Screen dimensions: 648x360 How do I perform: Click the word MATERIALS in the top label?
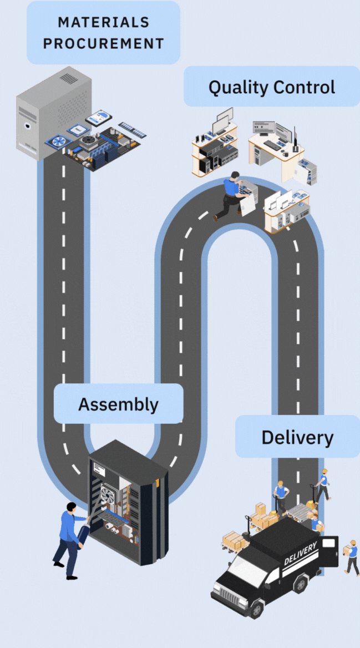104,23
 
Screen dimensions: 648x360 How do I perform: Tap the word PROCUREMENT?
104,43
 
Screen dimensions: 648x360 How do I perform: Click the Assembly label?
118,404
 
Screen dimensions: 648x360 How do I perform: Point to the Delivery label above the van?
297,437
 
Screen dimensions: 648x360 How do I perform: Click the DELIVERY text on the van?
301,553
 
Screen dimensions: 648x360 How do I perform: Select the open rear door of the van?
331,551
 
